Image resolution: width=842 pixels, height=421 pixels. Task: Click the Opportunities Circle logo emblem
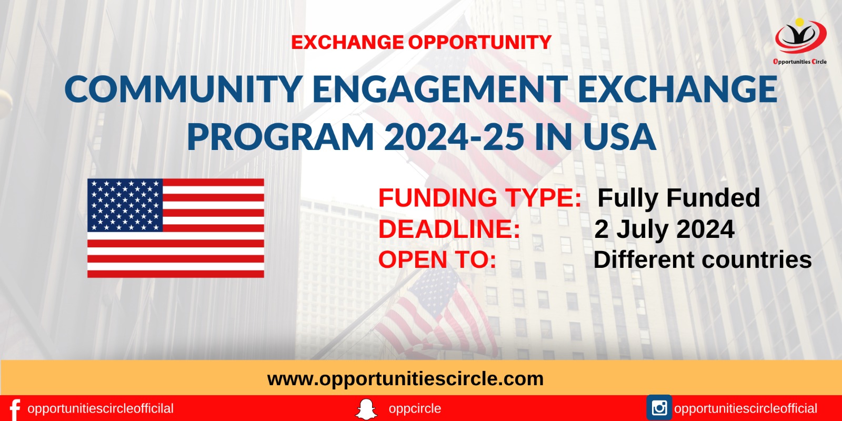[800, 36]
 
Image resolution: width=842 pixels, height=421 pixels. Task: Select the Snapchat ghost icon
[366, 409]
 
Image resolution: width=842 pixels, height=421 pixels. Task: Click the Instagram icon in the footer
[659, 408]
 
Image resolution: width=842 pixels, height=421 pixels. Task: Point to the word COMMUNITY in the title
[184, 89]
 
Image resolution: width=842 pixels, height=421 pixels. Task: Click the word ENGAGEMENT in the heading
[440, 89]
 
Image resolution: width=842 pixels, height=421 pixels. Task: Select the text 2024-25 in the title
[454, 136]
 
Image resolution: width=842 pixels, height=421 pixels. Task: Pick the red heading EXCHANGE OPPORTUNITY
[422, 42]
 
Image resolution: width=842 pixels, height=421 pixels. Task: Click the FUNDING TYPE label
[480, 198]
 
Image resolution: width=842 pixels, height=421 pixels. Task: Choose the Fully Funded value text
[679, 198]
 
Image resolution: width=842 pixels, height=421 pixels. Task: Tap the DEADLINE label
[449, 229]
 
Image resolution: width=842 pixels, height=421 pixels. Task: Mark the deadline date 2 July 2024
[665, 229]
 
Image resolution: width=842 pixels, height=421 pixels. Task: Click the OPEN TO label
[437, 260]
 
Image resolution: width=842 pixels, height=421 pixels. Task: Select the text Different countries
[703, 260]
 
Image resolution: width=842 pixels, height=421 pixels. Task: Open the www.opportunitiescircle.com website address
[405, 379]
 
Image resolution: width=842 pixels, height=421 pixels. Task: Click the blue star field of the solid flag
[125, 205]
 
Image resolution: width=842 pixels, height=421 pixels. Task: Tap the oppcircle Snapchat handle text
[415, 408]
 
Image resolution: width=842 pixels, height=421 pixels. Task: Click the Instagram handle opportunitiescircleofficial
[746, 408]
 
